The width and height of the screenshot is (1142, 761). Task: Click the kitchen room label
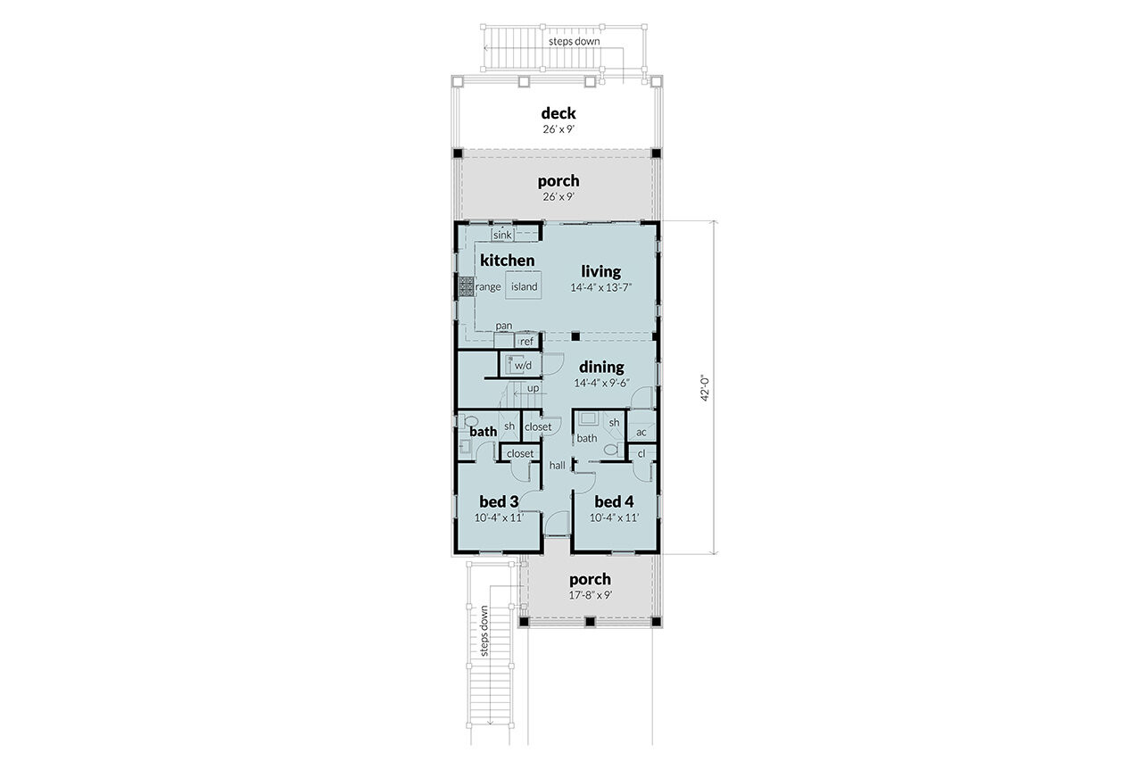(507, 261)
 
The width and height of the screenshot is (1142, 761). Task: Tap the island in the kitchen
(524, 286)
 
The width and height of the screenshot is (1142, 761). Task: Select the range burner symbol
(466, 286)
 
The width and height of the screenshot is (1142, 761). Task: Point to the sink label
(502, 235)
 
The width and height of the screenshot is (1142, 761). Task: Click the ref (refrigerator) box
(526, 341)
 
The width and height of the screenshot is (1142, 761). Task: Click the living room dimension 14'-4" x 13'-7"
(601, 288)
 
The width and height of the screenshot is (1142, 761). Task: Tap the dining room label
(601, 367)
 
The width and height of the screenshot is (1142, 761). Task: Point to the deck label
(559, 113)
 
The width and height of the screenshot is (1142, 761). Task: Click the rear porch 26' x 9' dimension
(559, 197)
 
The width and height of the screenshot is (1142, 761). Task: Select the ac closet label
(641, 433)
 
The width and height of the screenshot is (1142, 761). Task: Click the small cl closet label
(641, 453)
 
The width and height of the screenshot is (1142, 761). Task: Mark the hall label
(558, 465)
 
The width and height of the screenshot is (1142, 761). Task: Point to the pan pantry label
(504, 326)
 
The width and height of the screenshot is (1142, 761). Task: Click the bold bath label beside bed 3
(484, 432)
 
